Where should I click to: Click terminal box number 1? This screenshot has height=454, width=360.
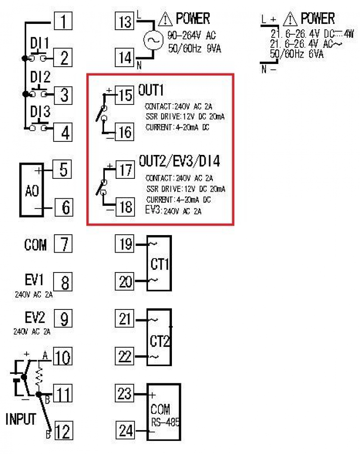pos(63,21)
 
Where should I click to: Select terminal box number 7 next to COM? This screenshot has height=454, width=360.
pos(63,244)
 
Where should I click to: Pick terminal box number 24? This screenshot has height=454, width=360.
pos(125,431)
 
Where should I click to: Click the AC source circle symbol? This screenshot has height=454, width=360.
pos(153,40)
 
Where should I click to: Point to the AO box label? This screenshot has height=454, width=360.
pos(32,191)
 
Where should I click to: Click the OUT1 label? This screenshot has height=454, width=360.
pos(151,90)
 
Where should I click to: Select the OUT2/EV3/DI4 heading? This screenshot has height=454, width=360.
pos(180,161)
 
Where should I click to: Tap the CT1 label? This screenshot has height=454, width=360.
pos(159,264)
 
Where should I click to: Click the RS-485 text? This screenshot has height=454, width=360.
pos(165,422)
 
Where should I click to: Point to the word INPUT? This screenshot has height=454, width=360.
pos(21,419)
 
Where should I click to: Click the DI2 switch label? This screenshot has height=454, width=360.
pos(40,77)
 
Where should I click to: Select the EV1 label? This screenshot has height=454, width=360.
pos(34,279)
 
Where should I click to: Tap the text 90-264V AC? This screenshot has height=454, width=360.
pos(192,35)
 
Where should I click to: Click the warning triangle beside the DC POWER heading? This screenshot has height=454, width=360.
pos(290,19)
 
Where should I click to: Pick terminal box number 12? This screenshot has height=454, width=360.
pos(63,431)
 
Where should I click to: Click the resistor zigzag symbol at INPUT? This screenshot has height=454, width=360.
pos(39,376)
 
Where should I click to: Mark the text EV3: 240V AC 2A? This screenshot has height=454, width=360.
pos(173,210)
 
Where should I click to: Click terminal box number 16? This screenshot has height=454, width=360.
pos(125,132)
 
